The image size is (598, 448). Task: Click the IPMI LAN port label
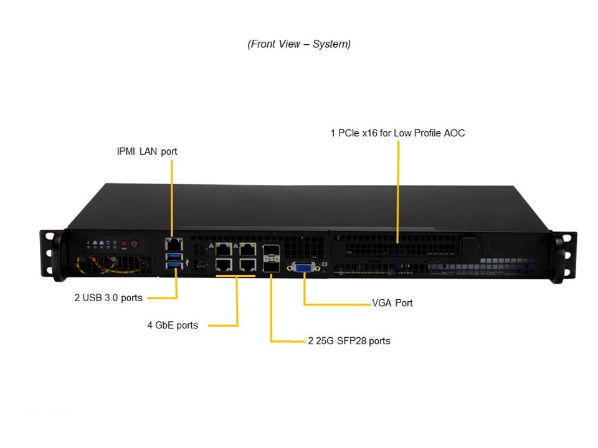tap(147, 151)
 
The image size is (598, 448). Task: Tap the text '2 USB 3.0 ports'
tap(108, 297)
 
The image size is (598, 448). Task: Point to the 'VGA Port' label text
tap(392, 303)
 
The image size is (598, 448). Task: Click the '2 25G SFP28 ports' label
tap(349, 341)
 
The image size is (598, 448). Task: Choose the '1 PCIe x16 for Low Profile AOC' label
tap(397, 133)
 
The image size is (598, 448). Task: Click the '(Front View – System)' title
tap(299, 44)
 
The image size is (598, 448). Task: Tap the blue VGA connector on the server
tap(303, 268)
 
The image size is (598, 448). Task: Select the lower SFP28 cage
tap(272, 266)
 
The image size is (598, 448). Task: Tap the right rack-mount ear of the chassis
tap(565, 256)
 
